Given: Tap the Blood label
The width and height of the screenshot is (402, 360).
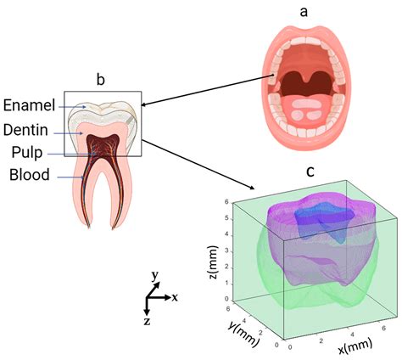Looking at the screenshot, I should coord(31,176).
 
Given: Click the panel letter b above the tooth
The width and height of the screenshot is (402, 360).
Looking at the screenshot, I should coord(100,81).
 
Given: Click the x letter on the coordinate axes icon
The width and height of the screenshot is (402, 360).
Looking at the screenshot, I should coord(174,298).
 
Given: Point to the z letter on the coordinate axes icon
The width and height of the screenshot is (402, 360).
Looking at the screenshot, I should coord(146,323).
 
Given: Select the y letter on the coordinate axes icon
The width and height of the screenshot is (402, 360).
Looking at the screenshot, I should coord(154,276).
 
